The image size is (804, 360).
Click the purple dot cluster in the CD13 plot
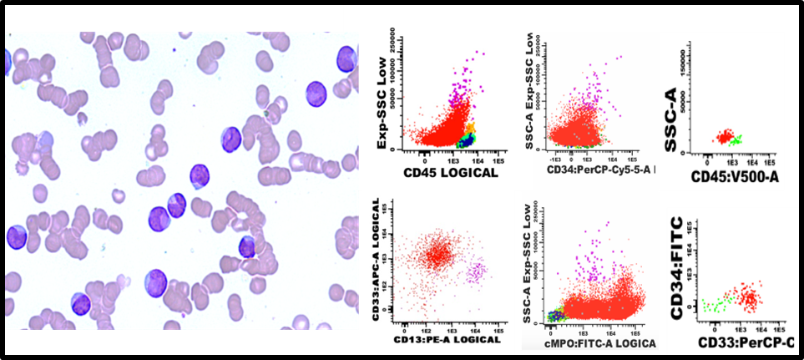478,271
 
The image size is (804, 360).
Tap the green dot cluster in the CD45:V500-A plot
734,139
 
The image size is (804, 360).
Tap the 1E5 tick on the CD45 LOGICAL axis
498,160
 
